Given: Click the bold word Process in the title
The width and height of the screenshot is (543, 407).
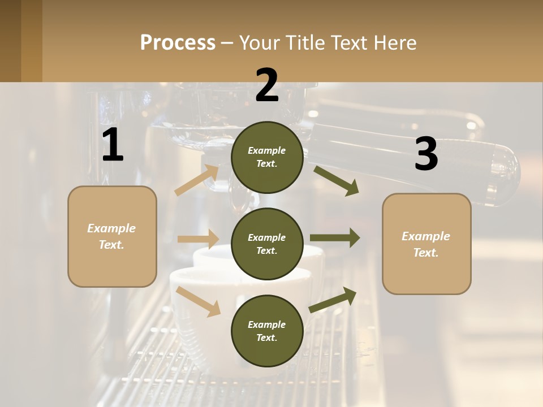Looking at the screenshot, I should (178, 43).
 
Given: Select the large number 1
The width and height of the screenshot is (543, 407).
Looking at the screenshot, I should (113, 146).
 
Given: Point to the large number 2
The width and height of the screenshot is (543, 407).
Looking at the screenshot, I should (267, 85).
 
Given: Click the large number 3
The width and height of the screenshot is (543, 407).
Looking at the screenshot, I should (426, 154).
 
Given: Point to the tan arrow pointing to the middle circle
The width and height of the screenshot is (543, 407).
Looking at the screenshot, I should (198, 239).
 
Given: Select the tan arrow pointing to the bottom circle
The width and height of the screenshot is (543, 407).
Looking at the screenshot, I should (199, 301).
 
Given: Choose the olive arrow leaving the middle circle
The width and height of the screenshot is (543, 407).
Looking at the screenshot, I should (335, 238).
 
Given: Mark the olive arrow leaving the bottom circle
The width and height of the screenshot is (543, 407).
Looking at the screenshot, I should (333, 300).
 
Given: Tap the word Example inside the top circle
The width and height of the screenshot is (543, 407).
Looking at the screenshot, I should (267, 150).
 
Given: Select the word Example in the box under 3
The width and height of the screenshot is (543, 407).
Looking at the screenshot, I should (426, 236).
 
